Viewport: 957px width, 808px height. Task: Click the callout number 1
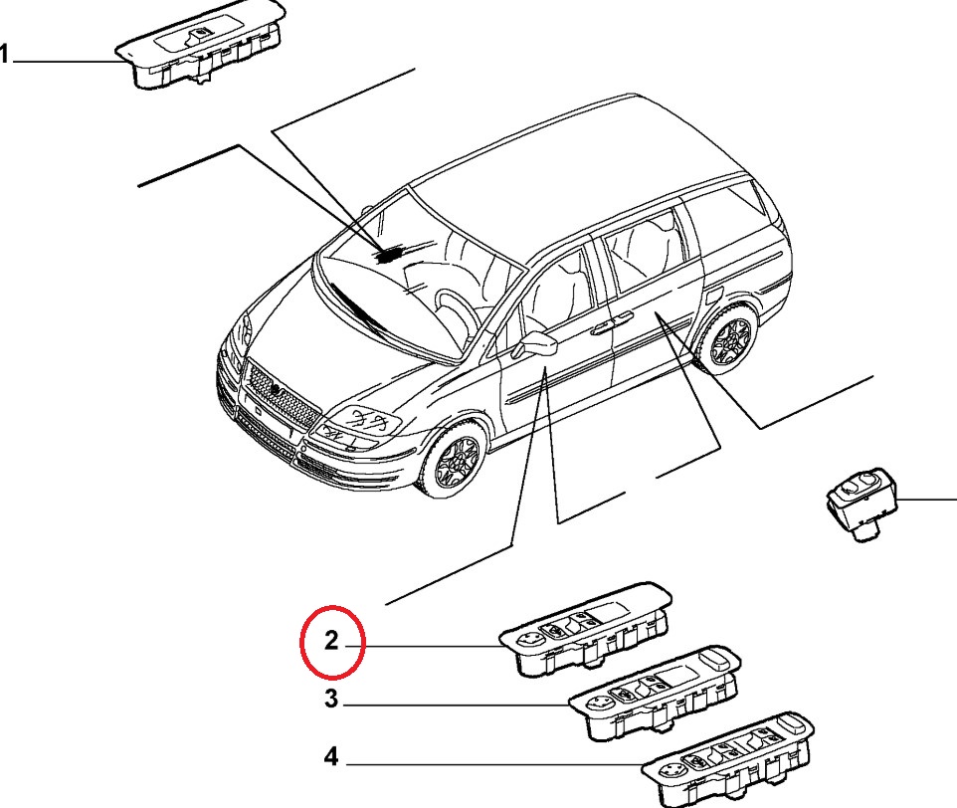(x=4, y=55)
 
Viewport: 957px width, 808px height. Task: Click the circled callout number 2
(x=331, y=640)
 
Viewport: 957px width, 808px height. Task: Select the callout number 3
(x=331, y=699)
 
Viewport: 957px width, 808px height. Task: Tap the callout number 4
(x=330, y=756)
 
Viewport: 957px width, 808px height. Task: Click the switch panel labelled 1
(x=201, y=45)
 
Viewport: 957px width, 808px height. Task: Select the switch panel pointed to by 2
(x=586, y=629)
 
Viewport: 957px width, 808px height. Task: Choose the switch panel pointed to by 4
(x=728, y=760)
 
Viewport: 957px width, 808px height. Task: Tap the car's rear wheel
(x=729, y=337)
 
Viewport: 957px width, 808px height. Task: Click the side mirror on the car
(x=536, y=345)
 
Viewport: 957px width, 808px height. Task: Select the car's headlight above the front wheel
(x=361, y=425)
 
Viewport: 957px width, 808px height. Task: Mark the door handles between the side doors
(x=611, y=323)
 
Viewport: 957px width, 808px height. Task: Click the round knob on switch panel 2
(x=526, y=639)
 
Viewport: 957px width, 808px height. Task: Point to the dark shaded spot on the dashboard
(x=389, y=254)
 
